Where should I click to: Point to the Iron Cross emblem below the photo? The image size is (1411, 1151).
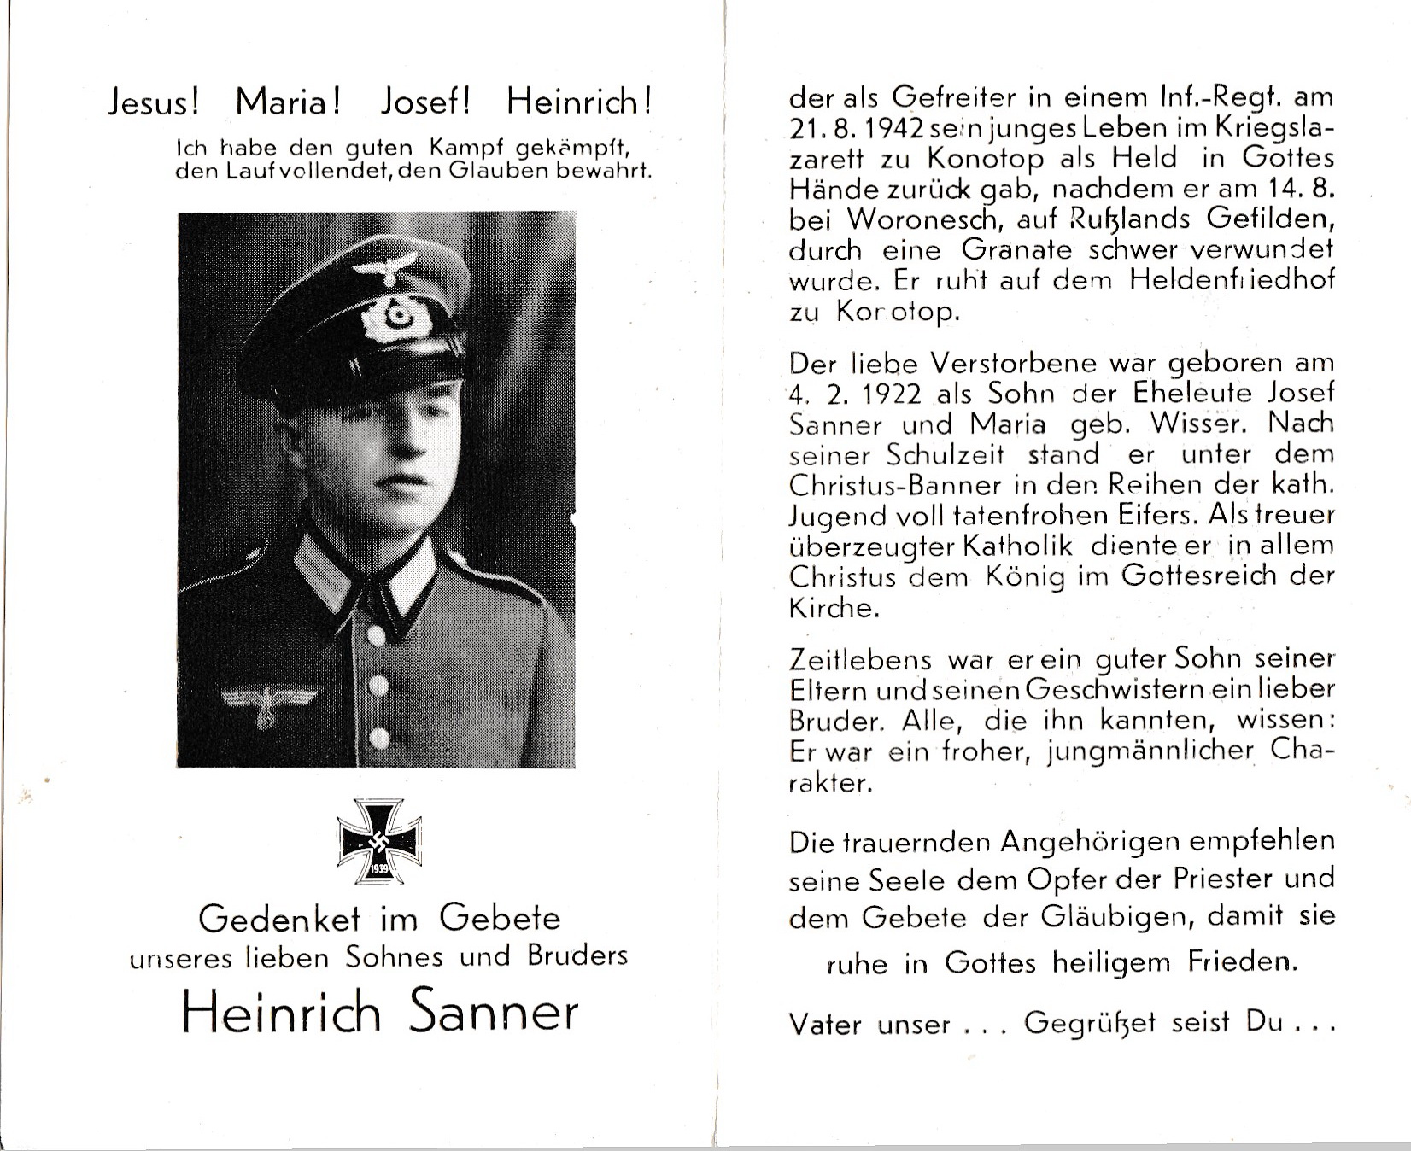click(x=379, y=841)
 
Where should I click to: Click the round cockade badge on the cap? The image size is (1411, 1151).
click(x=395, y=318)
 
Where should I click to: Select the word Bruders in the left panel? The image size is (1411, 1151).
click(x=577, y=955)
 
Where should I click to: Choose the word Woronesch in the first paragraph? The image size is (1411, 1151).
click(x=907, y=219)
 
